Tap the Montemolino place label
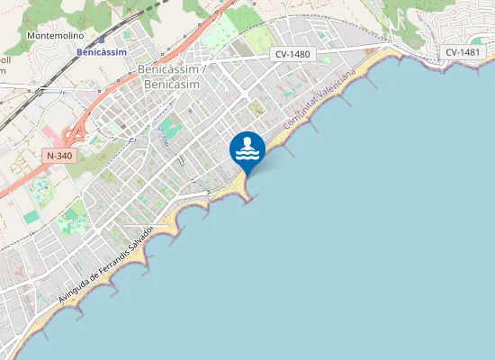[56, 36]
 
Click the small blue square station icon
[102, 40]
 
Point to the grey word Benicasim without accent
[171, 84]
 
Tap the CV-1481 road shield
[463, 52]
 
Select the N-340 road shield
[59, 156]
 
